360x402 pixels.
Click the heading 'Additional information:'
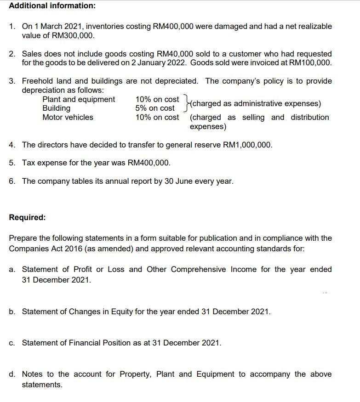(46, 6)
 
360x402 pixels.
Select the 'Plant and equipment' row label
(79, 99)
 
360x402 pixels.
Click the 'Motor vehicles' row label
(68, 117)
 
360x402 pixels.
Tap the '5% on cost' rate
(155, 108)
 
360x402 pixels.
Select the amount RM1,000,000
(247, 145)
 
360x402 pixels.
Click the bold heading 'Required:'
(27, 217)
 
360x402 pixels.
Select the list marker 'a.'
(13, 269)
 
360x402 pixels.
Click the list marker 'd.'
(13, 374)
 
